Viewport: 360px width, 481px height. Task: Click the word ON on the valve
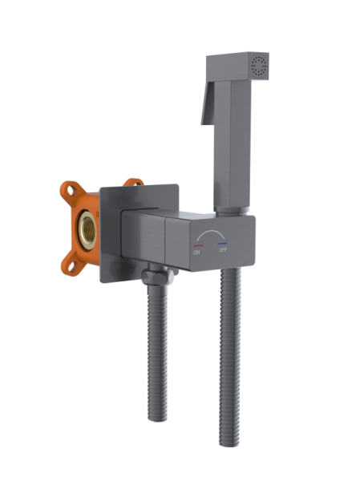tap(196, 253)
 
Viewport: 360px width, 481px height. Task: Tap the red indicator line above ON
tap(196, 245)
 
